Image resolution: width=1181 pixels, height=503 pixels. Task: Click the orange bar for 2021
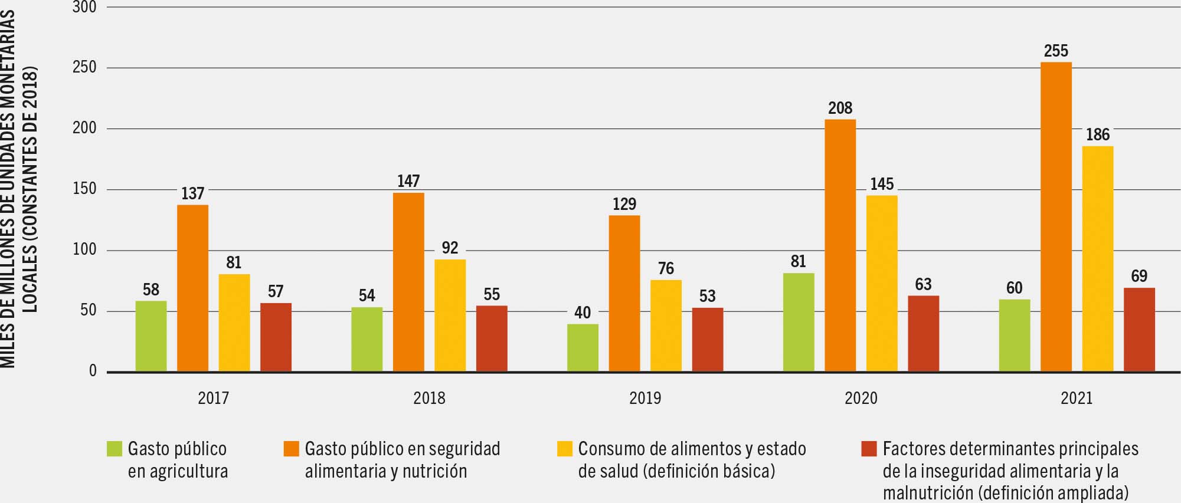(1056, 216)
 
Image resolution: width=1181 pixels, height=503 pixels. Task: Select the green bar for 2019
(583, 347)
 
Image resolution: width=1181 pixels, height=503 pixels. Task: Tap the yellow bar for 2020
(882, 283)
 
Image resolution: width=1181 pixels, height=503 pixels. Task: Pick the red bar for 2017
(276, 337)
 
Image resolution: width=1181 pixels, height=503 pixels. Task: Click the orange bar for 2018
(408, 282)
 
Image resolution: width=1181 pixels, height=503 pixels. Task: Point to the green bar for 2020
(799, 322)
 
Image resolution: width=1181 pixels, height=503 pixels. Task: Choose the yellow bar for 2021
(1098, 258)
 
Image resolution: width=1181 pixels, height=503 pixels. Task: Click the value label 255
(1056, 51)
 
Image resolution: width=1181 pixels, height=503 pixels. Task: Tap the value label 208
(840, 109)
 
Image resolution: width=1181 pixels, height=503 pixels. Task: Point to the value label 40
(583, 313)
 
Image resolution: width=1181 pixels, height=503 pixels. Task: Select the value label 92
(450, 248)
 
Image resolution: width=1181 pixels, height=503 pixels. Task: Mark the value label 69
(1139, 276)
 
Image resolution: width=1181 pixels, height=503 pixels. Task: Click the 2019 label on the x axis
(645, 398)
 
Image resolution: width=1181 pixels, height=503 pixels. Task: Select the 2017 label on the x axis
(213, 398)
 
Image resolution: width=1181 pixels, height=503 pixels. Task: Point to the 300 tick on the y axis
(84, 8)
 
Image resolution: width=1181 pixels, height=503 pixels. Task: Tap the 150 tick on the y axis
(84, 189)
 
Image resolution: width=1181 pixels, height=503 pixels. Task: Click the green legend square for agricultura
(114, 449)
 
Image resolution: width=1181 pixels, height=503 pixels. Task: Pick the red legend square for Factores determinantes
(869, 449)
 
